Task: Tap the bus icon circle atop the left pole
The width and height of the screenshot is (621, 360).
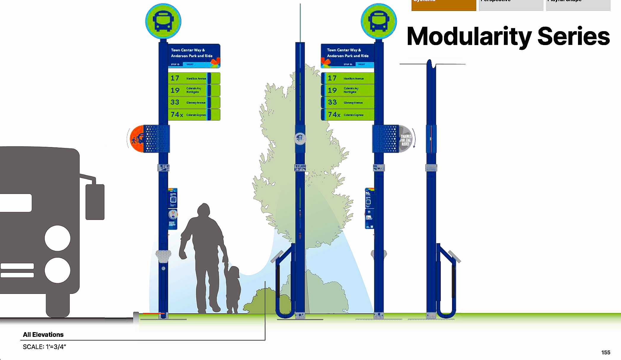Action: tap(163, 21)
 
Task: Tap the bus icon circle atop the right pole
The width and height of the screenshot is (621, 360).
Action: tap(379, 21)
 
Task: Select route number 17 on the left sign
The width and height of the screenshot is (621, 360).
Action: tap(175, 78)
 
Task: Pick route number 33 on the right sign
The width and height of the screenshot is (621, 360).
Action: tap(332, 102)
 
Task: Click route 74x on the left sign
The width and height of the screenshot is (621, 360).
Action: tap(177, 115)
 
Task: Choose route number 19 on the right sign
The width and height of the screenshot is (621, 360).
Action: tap(332, 90)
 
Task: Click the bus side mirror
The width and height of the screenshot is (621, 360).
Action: tap(95, 202)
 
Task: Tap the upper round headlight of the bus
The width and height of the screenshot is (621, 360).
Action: tap(58, 238)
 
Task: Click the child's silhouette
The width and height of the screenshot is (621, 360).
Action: tap(233, 289)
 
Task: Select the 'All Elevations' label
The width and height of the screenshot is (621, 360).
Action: tap(43, 335)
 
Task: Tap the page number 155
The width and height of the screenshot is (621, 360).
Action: tap(606, 353)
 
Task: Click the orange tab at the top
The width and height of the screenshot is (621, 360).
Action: tap(444, 5)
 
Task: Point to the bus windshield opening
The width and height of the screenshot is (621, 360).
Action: tap(16, 203)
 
